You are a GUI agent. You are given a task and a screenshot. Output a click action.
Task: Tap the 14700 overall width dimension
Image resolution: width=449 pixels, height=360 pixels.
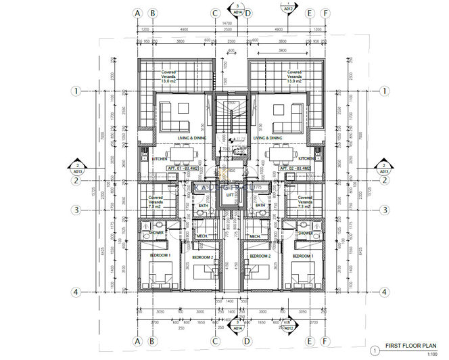231,23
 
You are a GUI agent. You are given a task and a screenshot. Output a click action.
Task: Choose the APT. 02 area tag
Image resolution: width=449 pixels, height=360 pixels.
295,168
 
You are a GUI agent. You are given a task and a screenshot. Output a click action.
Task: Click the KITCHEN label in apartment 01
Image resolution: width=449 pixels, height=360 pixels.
160,159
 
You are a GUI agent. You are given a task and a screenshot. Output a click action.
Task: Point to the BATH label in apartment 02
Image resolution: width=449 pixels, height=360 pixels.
260,205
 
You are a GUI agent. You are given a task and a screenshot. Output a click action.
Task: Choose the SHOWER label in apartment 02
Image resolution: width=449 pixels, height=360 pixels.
305,233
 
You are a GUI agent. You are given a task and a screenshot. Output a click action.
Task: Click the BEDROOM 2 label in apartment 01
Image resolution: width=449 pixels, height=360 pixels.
202,257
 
